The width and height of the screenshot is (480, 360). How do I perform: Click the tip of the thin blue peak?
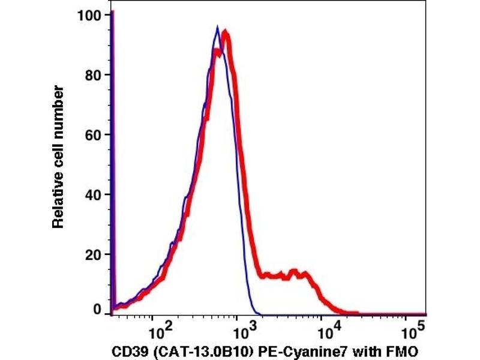[217, 26]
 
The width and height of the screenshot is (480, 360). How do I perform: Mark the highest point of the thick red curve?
[225, 31]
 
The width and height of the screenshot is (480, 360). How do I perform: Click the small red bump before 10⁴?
[294, 272]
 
